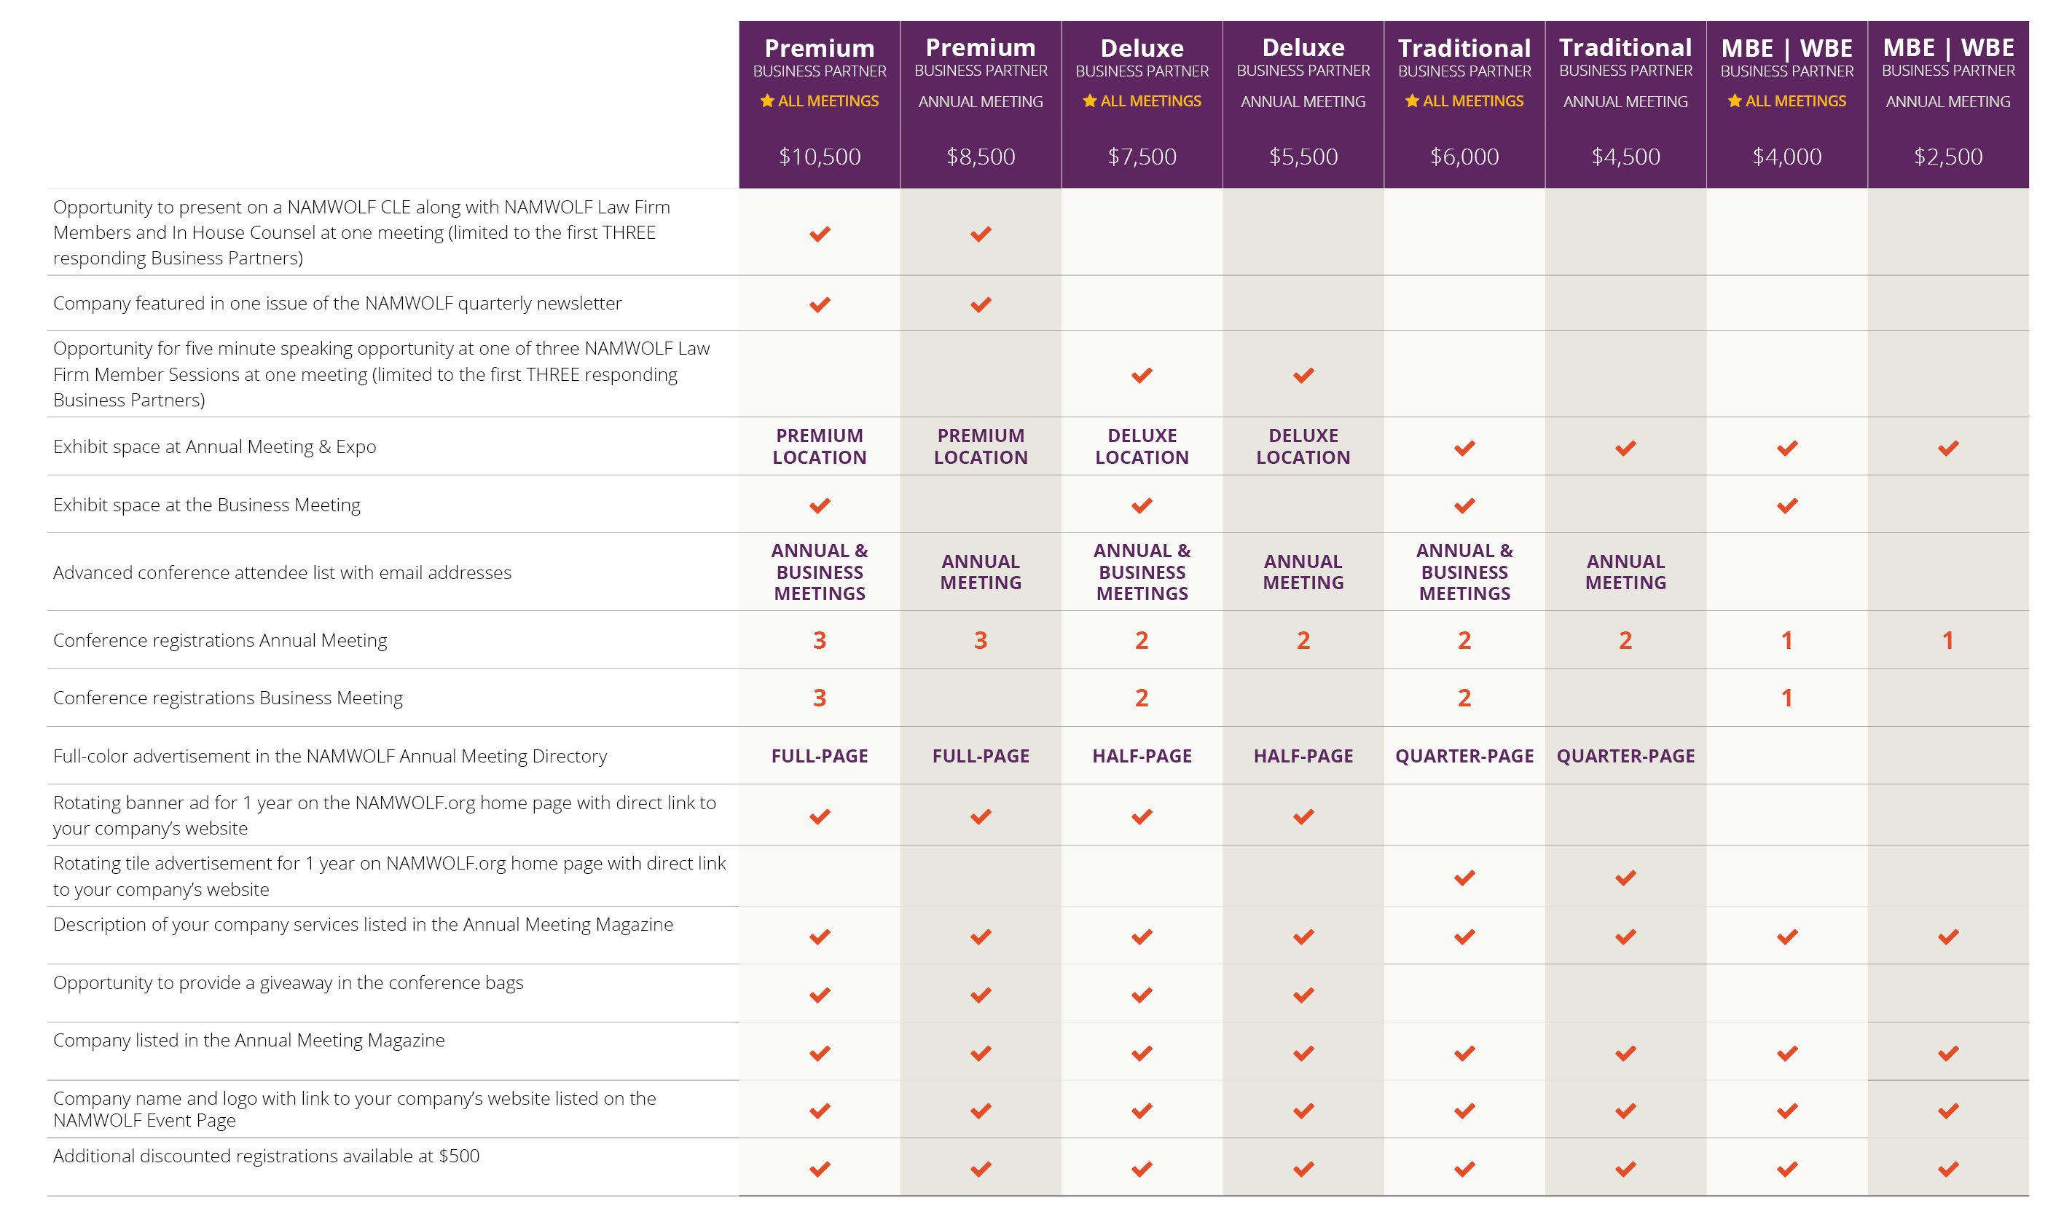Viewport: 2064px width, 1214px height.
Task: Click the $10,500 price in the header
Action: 819,157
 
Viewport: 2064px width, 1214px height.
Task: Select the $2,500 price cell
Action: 1947,157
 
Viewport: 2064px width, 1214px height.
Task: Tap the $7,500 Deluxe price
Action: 1142,157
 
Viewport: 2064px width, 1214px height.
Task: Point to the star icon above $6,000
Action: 1412,100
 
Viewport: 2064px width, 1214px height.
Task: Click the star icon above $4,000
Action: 1734,100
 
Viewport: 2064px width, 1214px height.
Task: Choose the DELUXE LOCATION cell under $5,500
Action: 1303,446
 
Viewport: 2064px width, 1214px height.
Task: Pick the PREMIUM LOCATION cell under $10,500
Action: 819,446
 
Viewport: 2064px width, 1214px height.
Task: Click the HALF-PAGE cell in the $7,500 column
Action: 1142,756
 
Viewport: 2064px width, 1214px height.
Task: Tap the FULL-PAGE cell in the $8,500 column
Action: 981,756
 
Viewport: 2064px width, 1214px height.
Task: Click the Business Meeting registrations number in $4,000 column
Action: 1786,698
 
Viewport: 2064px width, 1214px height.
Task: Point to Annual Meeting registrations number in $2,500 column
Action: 1947,640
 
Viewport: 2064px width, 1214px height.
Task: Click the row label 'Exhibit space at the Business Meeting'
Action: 206,505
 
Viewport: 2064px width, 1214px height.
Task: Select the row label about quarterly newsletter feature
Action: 337,303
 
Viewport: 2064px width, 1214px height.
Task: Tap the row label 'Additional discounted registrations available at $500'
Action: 266,1155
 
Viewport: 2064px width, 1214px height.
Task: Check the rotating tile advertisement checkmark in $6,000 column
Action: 1464,878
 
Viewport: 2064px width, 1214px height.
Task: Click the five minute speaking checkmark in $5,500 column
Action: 1303,375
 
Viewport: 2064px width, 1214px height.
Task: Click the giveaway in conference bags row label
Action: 288,982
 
